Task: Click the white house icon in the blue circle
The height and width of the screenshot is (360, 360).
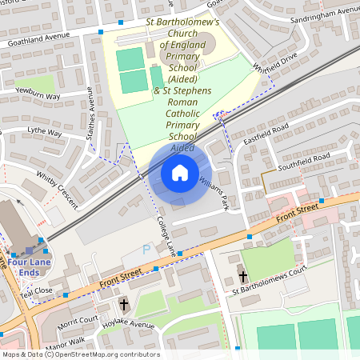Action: point(179,172)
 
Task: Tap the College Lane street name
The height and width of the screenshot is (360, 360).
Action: point(166,234)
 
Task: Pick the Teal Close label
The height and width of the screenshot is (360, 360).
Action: point(37,291)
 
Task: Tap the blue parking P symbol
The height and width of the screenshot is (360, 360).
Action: point(146,250)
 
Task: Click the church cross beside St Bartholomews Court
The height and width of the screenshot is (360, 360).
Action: point(242,277)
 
